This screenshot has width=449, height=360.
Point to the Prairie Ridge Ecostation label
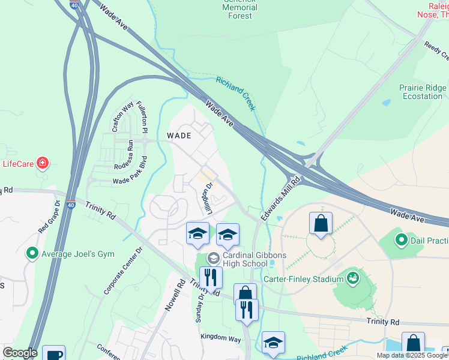423,92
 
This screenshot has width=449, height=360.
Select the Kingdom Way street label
220,339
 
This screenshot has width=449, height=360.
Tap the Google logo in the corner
20,353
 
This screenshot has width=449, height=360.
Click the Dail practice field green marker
401,241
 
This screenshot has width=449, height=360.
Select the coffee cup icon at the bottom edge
54,353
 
